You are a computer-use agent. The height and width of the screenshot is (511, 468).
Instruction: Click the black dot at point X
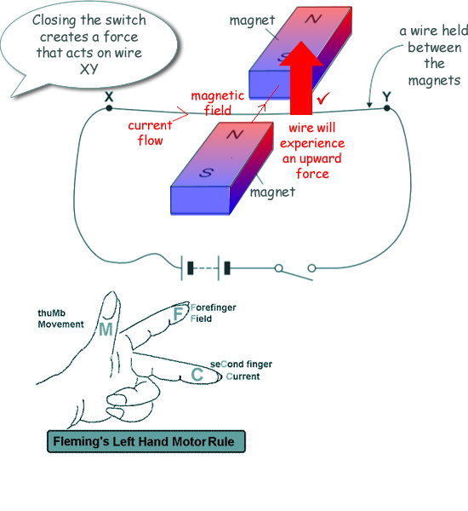[x=109, y=108]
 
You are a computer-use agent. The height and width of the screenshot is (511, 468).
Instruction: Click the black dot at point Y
[x=386, y=108]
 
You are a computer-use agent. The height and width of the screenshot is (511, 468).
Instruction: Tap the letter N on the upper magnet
[x=313, y=19]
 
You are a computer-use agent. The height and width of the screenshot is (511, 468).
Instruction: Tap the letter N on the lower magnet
[x=235, y=134]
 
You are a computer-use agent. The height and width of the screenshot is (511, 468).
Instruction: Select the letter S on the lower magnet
[x=206, y=172]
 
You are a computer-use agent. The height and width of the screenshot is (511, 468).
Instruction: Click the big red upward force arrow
[x=301, y=78]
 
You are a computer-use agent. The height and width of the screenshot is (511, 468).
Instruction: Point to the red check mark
[x=323, y=98]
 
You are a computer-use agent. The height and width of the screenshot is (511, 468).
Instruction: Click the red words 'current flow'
[x=150, y=133]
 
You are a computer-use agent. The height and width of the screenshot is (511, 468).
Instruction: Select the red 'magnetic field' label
[x=218, y=103]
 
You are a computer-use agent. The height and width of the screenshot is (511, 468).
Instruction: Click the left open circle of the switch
[x=278, y=268]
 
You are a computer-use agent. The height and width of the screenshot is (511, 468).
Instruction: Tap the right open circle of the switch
[x=311, y=268]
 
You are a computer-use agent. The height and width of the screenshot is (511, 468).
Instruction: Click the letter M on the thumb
[x=106, y=329]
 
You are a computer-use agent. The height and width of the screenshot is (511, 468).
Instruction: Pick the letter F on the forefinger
[x=179, y=313]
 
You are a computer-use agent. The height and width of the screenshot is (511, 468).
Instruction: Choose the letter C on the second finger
[x=197, y=375]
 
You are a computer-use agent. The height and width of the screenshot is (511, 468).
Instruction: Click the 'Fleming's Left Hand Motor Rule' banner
[x=146, y=441]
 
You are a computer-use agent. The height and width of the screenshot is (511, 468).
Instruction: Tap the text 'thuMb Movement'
[x=60, y=319]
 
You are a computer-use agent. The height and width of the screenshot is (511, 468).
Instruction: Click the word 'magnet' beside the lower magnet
[x=272, y=192]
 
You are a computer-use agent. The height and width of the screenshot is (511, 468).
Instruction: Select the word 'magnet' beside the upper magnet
[x=253, y=20]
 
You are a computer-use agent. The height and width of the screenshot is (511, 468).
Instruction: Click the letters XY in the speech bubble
[x=88, y=69]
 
